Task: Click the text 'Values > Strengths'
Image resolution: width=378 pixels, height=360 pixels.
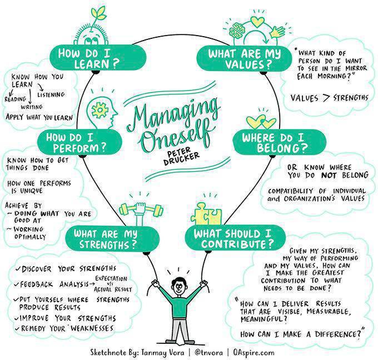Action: tap(329, 98)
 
